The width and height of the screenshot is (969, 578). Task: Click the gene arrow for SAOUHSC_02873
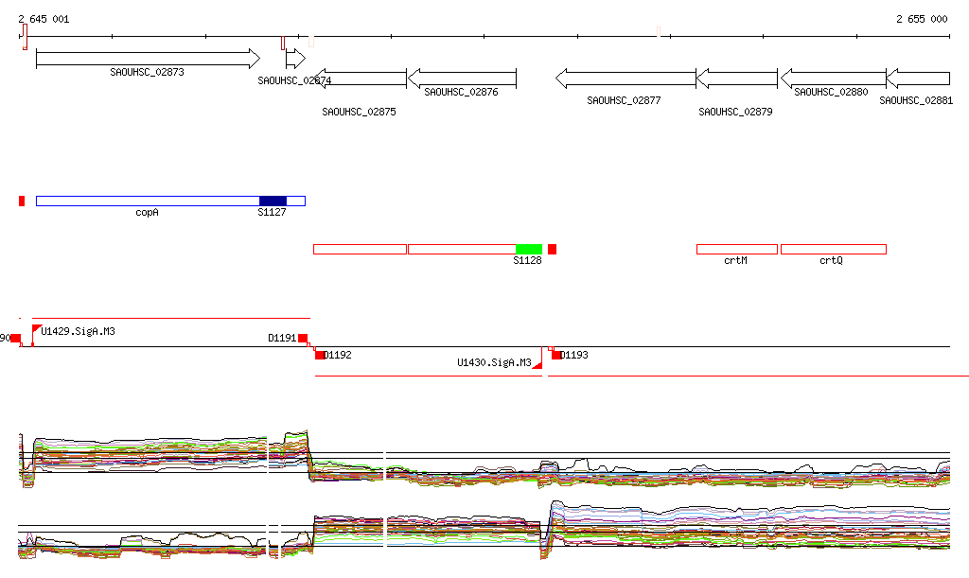(147, 59)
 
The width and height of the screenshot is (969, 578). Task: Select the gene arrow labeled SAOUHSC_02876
(462, 78)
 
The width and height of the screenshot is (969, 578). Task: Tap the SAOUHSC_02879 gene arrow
(737, 78)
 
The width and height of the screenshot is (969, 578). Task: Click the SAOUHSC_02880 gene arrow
(833, 78)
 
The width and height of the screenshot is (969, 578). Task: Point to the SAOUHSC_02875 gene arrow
(360, 78)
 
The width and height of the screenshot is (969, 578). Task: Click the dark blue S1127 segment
(273, 201)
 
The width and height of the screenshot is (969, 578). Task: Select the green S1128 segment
(529, 249)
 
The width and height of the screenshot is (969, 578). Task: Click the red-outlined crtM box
(736, 249)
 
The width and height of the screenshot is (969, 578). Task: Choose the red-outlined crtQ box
(833, 249)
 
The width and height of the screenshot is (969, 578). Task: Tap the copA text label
(147, 213)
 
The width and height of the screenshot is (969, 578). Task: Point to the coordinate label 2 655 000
(922, 19)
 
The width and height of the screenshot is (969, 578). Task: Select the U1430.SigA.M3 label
(493, 362)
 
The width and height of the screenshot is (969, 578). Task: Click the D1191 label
(282, 337)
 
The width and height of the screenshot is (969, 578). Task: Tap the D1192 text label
(337, 356)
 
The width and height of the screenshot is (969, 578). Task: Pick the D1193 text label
(573, 356)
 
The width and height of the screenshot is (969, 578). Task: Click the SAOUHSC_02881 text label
(915, 99)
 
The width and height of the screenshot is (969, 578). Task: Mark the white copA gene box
(147, 201)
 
